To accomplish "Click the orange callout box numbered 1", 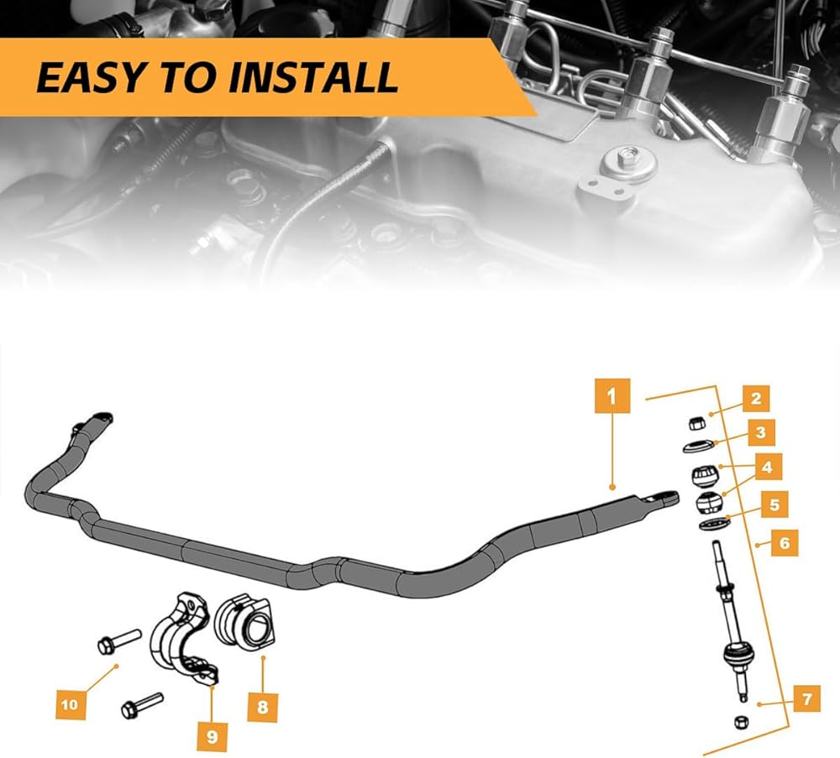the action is point(612,395).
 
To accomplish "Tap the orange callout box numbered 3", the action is point(760,433).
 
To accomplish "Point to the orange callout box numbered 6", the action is point(784,543).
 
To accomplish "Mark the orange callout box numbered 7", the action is point(806,698).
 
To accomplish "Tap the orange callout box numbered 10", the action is point(70,704).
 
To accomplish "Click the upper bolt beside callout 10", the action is point(115,641).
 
